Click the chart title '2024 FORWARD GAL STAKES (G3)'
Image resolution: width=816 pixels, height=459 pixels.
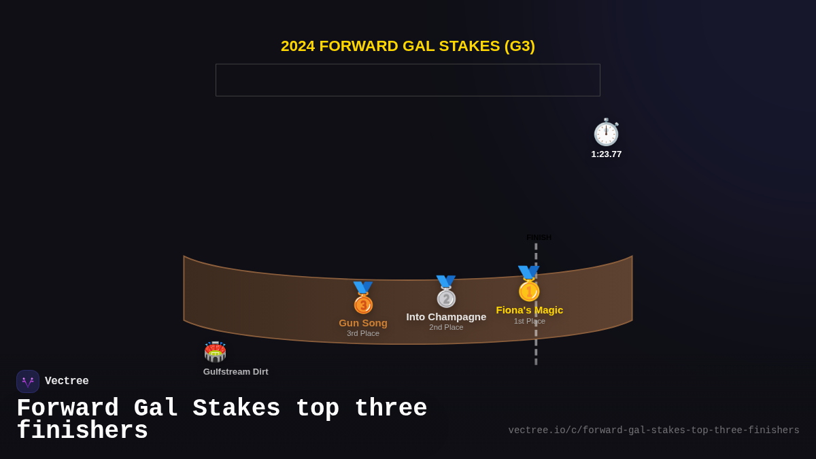click(408, 46)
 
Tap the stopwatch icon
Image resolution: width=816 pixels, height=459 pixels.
click(606, 133)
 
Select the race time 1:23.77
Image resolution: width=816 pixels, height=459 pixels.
click(606, 154)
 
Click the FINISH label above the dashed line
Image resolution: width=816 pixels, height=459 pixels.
click(539, 237)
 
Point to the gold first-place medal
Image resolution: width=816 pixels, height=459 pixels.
click(528, 284)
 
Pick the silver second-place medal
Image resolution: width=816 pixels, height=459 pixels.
click(446, 292)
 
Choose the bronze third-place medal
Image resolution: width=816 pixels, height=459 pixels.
click(363, 299)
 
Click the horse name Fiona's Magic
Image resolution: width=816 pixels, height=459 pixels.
click(529, 310)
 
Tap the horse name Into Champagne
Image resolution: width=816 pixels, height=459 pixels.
click(446, 317)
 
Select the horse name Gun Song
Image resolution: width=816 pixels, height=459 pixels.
click(363, 323)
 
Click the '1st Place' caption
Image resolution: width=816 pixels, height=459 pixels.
click(529, 321)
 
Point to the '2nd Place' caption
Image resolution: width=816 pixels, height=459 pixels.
click(446, 327)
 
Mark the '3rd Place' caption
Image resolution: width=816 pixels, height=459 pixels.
click(363, 333)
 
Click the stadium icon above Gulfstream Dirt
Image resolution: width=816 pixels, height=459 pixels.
click(215, 352)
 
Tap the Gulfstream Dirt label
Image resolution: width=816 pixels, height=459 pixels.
click(235, 372)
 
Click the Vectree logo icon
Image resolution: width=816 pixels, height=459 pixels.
click(28, 381)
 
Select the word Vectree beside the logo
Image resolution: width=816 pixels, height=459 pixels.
click(67, 381)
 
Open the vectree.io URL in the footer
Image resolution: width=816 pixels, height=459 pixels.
click(653, 430)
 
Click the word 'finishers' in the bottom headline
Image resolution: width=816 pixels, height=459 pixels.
click(82, 431)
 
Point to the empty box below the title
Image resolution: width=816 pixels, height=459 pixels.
click(408, 80)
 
